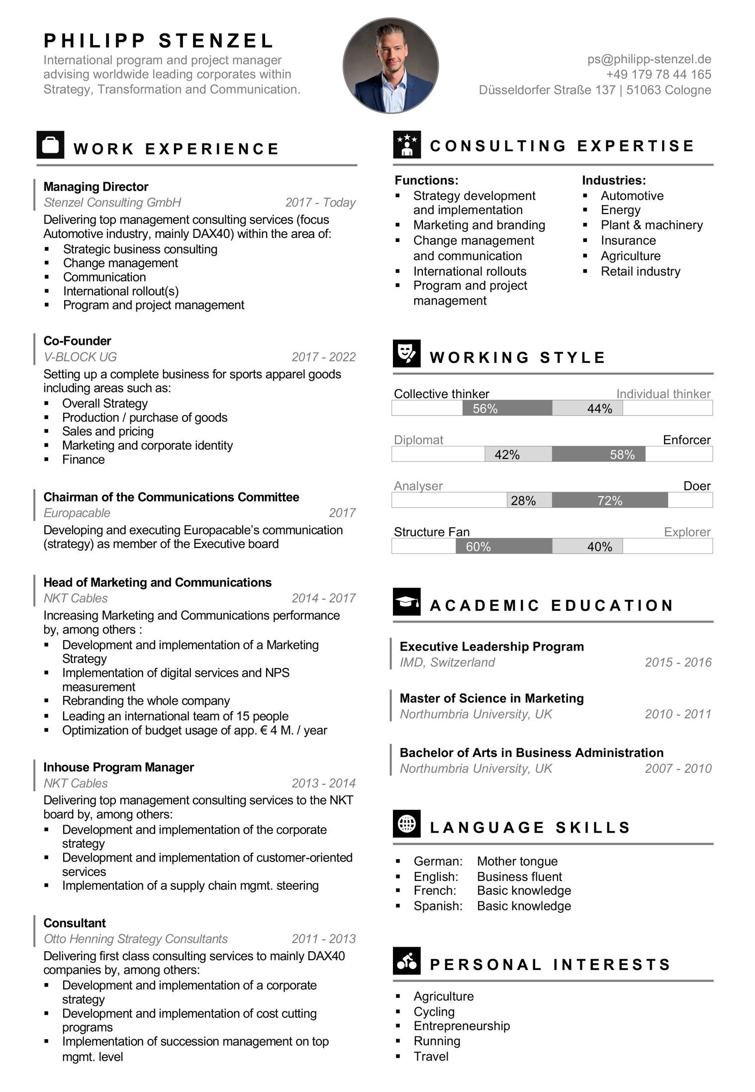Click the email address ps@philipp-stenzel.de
tap(649, 59)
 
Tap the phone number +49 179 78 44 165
tap(659, 75)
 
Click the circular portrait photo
tap(390, 66)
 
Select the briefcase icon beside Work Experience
tap(50, 145)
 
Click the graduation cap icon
tap(406, 602)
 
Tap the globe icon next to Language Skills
tap(406, 824)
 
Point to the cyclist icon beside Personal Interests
tap(406, 961)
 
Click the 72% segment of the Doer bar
tap(610, 500)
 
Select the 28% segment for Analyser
tap(529, 500)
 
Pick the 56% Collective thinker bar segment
tap(507, 408)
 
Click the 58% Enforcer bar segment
tap(598, 454)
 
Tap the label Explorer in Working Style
tap(687, 532)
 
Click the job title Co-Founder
tap(77, 341)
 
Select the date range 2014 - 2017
tap(323, 598)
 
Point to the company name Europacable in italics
tap(77, 513)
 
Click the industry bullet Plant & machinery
tap(652, 225)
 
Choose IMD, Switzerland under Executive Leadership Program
tap(447, 662)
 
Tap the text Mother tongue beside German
tap(517, 861)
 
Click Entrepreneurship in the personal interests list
tap(462, 1026)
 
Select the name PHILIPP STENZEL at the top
tap(159, 41)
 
